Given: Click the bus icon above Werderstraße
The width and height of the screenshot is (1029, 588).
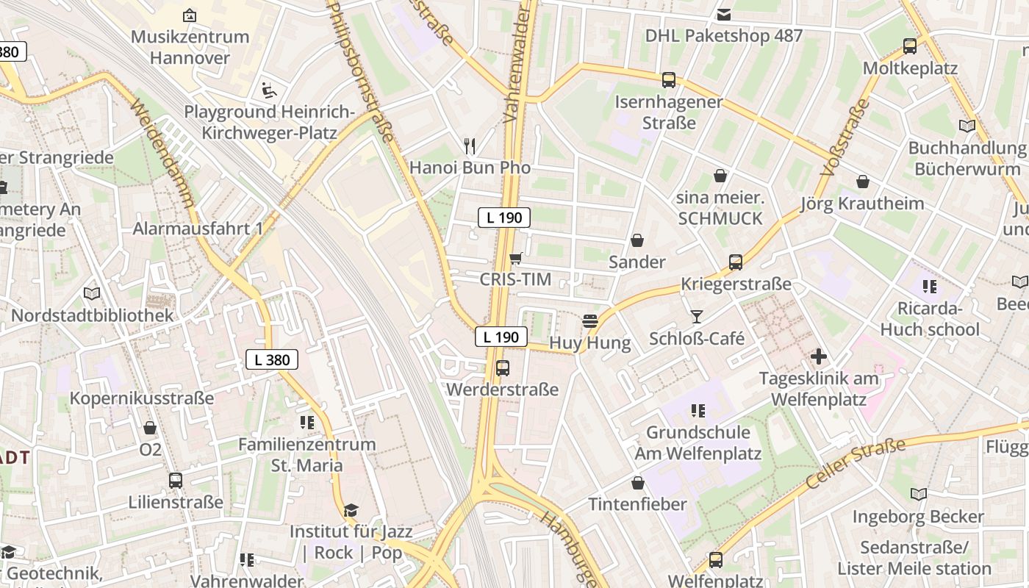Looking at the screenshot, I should coord(503,368).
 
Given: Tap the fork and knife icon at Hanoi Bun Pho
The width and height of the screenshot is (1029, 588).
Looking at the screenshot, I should coord(470,146).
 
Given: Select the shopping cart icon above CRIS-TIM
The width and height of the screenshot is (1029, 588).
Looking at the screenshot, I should coord(516,258).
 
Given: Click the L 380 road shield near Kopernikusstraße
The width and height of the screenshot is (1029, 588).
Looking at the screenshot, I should coord(272,359).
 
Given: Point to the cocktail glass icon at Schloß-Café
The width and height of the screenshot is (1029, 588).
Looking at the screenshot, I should coord(697,317).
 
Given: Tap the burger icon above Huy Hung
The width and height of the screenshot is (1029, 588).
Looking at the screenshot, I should coord(589,321).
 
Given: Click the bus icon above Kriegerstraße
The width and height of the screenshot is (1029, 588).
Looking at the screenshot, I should coord(735,262).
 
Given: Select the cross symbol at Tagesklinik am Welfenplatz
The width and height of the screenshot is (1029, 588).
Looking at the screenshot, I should coord(819,357).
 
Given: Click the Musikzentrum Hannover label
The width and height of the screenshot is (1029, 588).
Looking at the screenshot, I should coord(190,47).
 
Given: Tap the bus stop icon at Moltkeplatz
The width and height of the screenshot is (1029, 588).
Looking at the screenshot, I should coord(910,46).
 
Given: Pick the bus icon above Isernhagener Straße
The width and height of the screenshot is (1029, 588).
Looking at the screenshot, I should coord(669,80).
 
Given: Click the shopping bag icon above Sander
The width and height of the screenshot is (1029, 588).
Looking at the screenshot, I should coord(637,240).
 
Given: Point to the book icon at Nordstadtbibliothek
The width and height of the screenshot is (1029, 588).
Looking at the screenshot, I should coord(92,294).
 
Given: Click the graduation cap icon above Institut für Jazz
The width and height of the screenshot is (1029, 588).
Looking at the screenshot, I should coord(351,510).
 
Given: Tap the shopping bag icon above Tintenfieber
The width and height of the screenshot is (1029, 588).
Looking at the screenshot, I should coord(638,483).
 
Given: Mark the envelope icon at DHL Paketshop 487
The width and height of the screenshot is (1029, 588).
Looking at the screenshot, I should coord(724,14).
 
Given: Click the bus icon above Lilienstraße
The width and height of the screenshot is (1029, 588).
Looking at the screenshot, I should coord(175,481).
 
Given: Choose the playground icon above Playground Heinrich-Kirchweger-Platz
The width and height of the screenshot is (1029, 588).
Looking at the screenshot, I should coord(270,91).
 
